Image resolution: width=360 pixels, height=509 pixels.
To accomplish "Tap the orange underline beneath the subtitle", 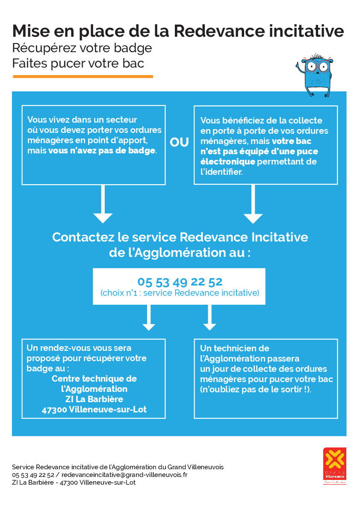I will point(83,76).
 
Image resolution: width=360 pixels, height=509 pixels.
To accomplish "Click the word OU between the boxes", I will point(180,143).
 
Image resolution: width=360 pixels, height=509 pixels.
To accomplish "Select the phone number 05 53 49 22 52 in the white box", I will point(180,282).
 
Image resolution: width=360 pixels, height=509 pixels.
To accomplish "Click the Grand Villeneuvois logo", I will point(334,465).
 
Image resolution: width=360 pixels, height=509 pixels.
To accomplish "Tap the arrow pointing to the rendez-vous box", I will point(149,318).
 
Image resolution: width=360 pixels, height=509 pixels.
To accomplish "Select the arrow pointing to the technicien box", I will point(209,318).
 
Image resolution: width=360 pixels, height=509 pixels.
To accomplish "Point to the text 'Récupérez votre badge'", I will point(82,48).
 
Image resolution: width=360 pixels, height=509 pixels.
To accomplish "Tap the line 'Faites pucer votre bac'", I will point(78,64).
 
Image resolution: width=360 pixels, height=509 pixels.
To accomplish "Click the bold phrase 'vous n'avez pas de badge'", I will point(102,151).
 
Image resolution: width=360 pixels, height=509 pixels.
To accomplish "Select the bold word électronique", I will point(228,162).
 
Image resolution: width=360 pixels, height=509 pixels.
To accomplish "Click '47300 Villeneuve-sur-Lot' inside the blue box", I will point(94,409).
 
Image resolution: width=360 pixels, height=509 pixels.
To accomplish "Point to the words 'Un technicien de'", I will point(235,348).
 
